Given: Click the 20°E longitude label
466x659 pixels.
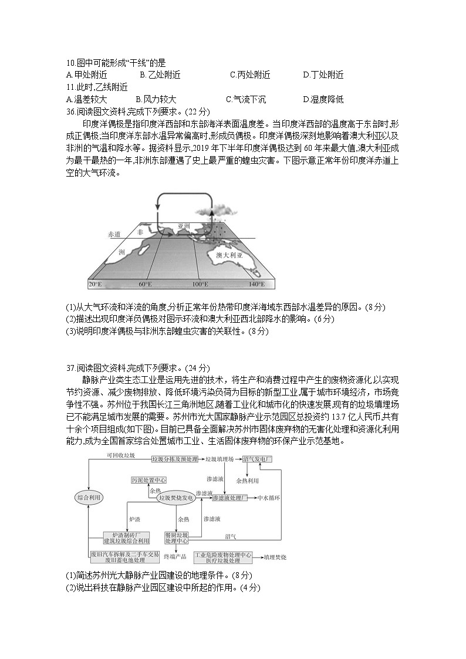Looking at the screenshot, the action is tap(95, 284).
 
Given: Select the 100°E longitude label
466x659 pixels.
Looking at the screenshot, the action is tap(200, 284).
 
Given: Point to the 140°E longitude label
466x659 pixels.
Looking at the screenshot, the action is tap(256, 284).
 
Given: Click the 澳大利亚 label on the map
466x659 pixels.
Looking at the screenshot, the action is tap(229, 256).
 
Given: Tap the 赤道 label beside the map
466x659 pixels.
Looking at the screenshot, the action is tap(114, 234).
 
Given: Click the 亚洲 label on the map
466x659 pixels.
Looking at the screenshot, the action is tap(184, 225).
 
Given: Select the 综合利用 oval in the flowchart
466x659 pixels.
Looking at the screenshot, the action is tap(89, 497).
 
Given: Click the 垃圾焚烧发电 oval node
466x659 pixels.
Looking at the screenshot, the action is tap(176, 498).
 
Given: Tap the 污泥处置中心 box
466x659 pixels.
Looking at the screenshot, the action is tap(148, 479).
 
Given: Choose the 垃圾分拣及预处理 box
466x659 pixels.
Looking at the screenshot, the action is tap(175, 458).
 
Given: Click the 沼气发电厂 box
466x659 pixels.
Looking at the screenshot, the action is tap(258, 458).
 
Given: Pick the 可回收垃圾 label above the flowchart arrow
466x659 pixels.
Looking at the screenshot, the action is tap(120, 455).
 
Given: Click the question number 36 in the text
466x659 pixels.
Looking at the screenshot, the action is tap(71, 111).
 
